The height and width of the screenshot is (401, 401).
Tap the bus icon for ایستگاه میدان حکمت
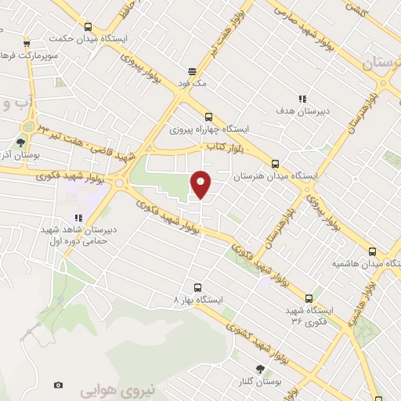[x=88, y=26]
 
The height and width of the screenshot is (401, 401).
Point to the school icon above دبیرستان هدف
[x=291, y=99]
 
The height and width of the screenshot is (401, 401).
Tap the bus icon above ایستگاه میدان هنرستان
[x=274, y=164]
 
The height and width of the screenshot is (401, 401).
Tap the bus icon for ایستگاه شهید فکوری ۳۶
[x=309, y=298]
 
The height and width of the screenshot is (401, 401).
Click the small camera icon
[x=58, y=385]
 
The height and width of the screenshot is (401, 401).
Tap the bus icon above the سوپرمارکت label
[x=27, y=43]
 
